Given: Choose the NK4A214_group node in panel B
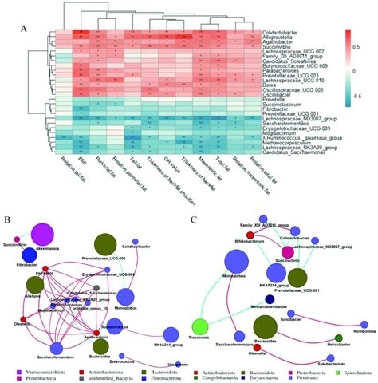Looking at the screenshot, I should click(169, 334).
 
